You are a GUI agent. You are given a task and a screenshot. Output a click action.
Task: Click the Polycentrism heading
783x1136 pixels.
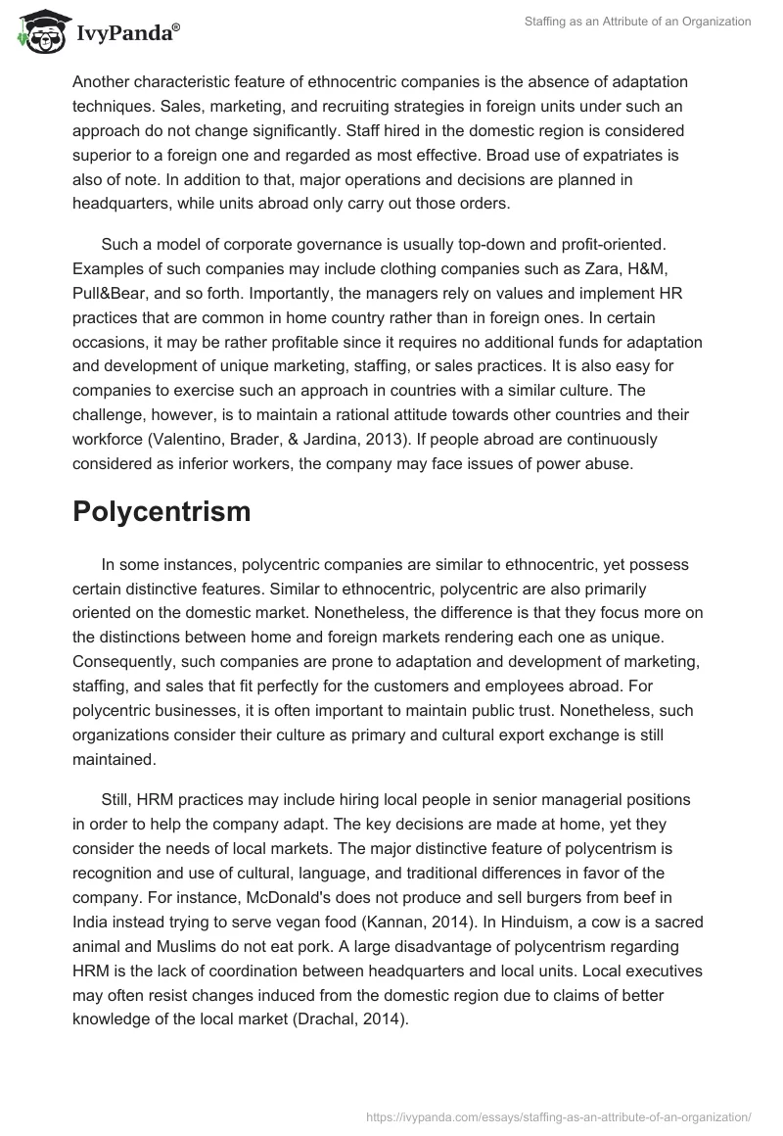[x=161, y=511]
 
